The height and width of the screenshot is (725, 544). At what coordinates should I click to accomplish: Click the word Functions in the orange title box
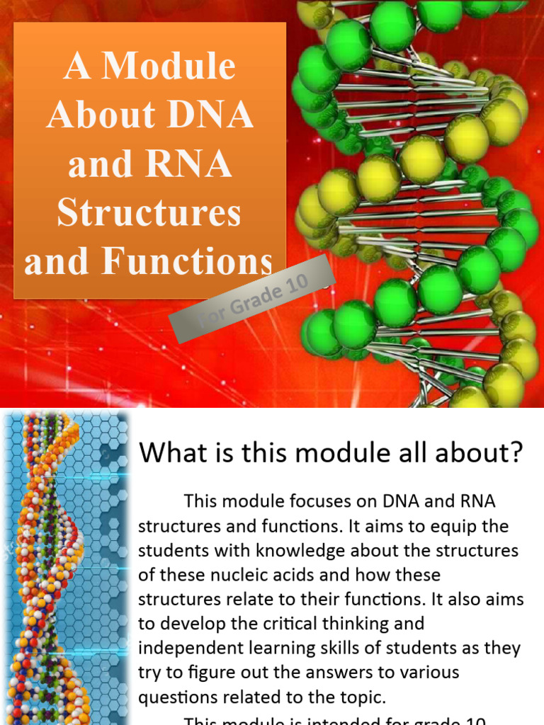tap(187, 261)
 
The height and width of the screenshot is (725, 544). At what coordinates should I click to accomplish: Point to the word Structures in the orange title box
tap(149, 212)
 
